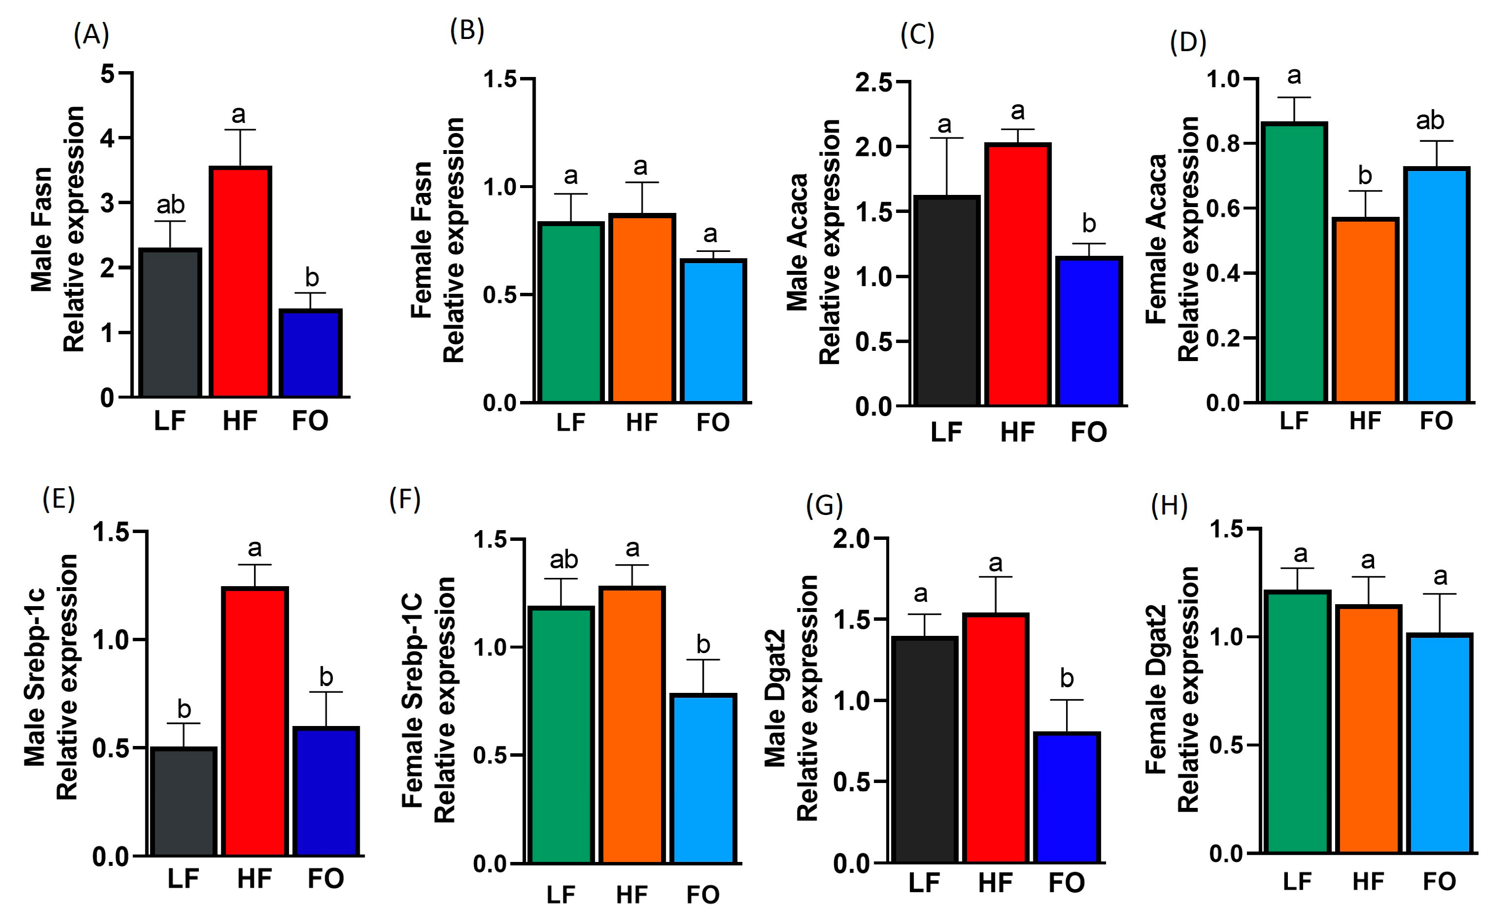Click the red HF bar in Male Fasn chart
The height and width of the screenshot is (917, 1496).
tap(240, 282)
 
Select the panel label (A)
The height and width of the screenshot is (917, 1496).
tap(91, 35)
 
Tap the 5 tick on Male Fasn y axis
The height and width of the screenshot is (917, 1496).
tap(108, 74)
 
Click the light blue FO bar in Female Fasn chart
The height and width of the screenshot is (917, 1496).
tap(714, 331)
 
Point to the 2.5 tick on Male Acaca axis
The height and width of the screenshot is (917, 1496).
tap(874, 82)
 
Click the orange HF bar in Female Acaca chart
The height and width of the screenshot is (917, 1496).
tap(1365, 311)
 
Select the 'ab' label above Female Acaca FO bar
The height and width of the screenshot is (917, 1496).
tap(1430, 121)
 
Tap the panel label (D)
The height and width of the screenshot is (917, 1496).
tap(1187, 42)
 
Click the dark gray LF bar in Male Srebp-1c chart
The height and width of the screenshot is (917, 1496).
tap(184, 802)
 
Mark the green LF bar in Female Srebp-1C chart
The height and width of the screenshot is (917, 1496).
tap(561, 735)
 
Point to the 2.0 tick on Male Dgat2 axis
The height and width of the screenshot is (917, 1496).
tap(851, 539)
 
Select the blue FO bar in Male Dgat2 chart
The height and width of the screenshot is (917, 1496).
tap(1067, 798)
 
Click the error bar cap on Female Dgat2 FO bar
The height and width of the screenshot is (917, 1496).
tap(1439, 594)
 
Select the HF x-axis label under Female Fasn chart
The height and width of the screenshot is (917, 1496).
tap(642, 422)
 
